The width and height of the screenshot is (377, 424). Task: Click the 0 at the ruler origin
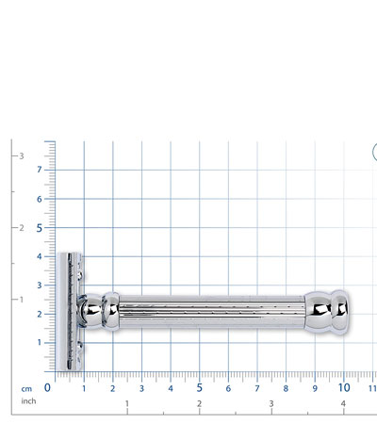(x=47, y=387)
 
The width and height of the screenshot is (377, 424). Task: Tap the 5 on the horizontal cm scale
(x=199, y=388)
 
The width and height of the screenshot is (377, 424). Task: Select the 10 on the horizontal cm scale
(x=344, y=388)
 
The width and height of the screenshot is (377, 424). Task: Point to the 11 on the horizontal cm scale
(x=372, y=388)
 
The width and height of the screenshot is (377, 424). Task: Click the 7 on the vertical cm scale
(x=40, y=170)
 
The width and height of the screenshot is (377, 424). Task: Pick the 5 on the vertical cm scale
(x=39, y=228)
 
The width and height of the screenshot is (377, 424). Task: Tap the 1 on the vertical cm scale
(x=40, y=342)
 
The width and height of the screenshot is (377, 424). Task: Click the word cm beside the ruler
(x=26, y=389)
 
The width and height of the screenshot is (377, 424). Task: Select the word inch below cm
(x=28, y=401)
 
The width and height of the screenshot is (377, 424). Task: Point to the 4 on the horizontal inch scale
(x=343, y=403)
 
